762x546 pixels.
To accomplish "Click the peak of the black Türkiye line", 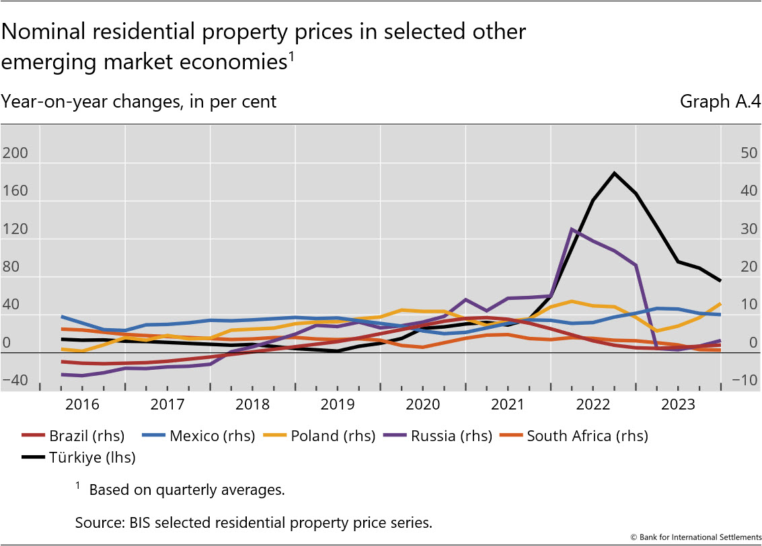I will tap(614, 173).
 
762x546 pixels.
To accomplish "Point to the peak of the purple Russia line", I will tap(572, 229).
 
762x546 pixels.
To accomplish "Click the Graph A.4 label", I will tap(720, 102).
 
